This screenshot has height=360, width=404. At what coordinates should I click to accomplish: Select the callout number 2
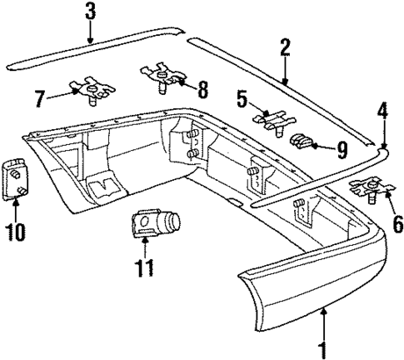[285, 48]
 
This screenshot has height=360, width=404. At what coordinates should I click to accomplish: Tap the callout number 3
[91, 12]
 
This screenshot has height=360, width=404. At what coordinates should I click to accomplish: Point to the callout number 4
[383, 109]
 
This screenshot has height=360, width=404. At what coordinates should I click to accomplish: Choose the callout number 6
[374, 222]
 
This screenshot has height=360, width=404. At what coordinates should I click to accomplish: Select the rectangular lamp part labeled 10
[17, 177]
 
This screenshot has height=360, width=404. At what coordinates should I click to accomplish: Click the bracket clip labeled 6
[369, 189]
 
